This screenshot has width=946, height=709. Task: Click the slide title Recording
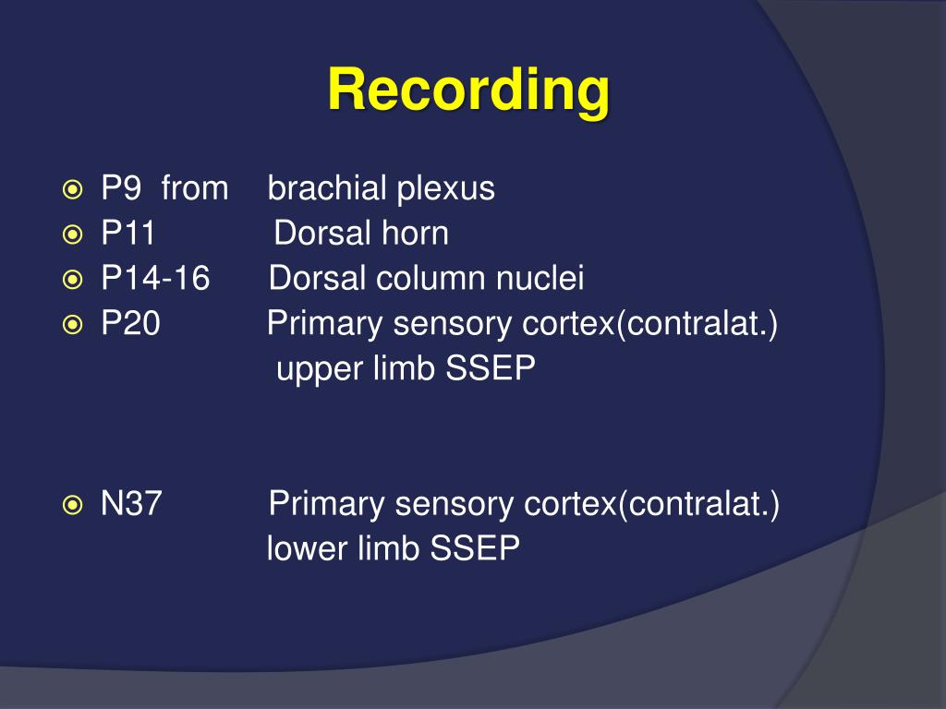pyautogui.click(x=468, y=91)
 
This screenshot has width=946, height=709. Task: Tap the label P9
pyautogui.click(x=120, y=189)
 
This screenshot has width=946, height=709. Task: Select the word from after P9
pyautogui.click(x=194, y=189)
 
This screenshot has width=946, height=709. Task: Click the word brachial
pyautogui.click(x=327, y=189)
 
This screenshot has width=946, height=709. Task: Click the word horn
pyautogui.click(x=414, y=234)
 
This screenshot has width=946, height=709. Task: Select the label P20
pyautogui.click(x=130, y=325)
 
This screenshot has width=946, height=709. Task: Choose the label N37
pyautogui.click(x=132, y=505)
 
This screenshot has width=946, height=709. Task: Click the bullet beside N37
pyautogui.click(x=72, y=505)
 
